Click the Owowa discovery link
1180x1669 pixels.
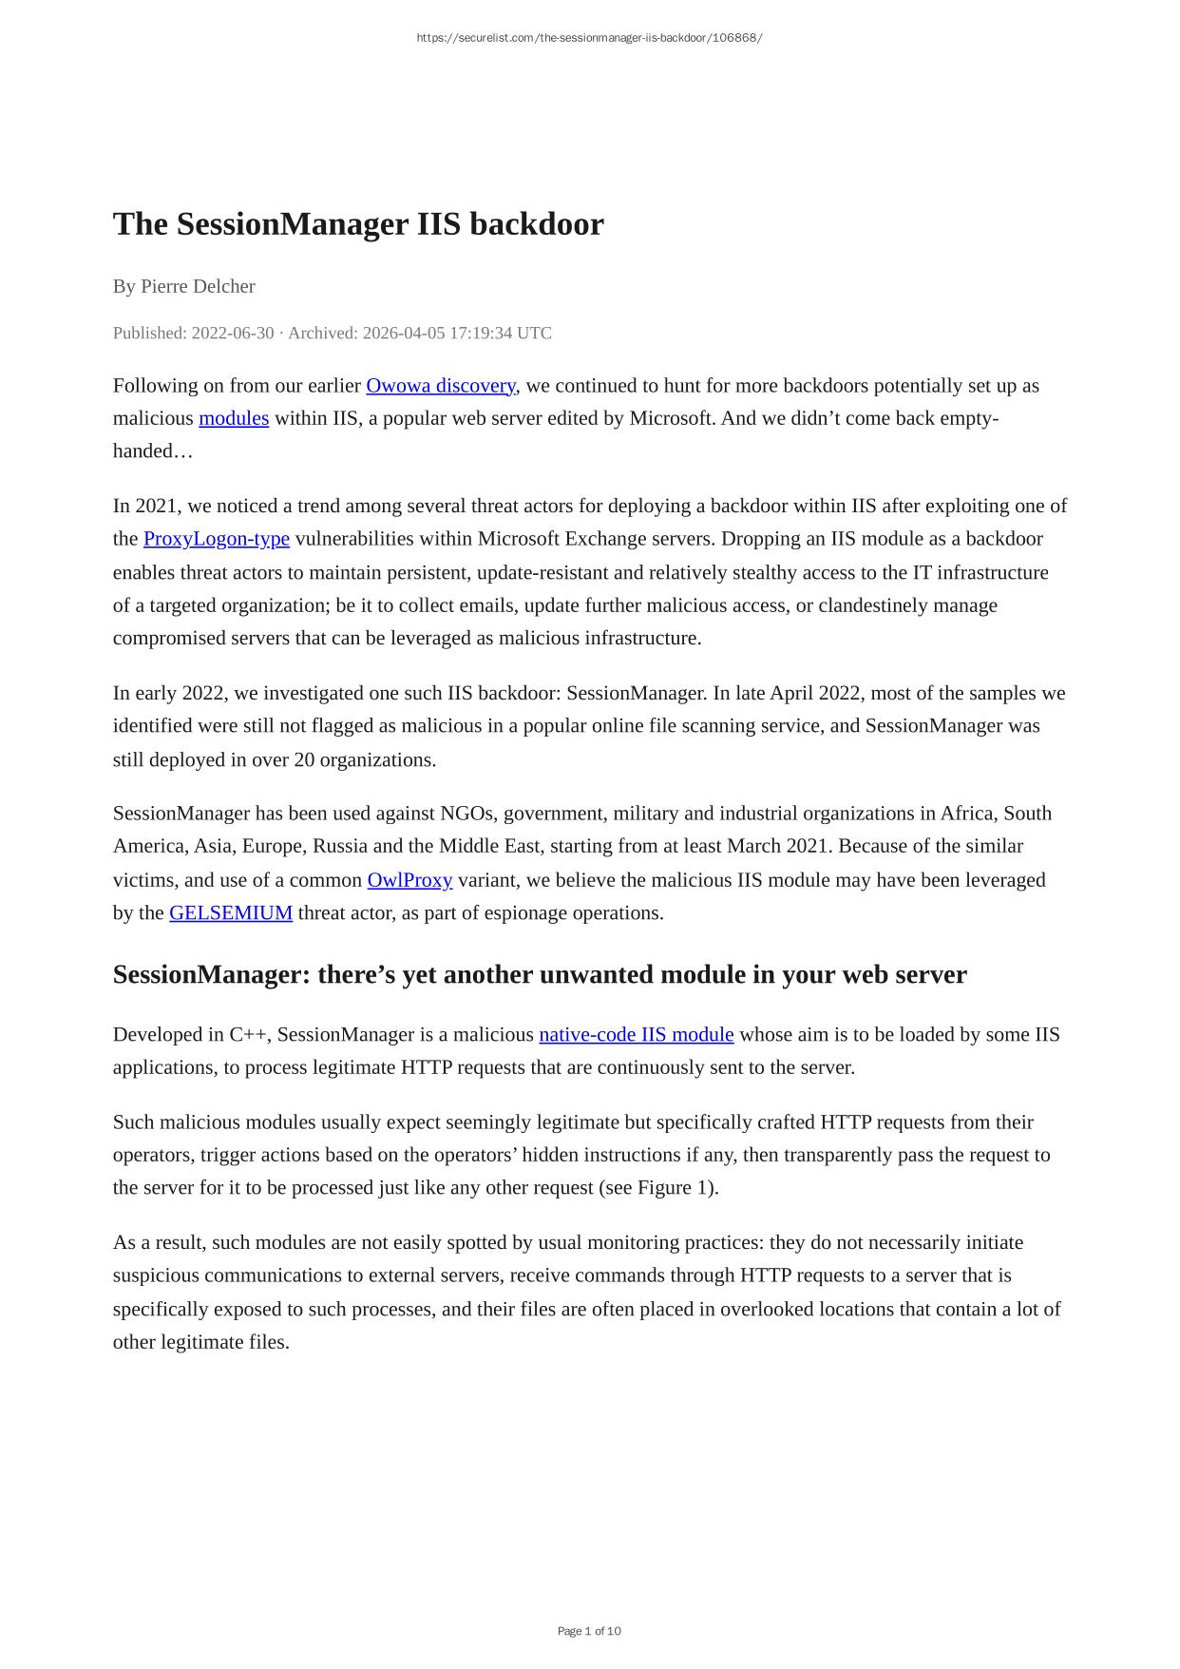click(440, 386)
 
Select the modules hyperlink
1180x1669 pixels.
click(234, 418)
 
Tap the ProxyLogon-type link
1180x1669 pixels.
click(217, 539)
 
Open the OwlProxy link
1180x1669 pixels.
click(409, 880)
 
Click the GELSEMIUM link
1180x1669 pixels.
click(231, 913)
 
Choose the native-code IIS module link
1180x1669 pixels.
click(637, 1035)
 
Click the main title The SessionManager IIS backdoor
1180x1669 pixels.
click(358, 224)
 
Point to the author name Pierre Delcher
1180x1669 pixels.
click(198, 286)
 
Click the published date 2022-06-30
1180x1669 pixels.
click(233, 333)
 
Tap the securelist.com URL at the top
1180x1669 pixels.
click(589, 38)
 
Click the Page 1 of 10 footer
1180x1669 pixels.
click(589, 1631)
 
